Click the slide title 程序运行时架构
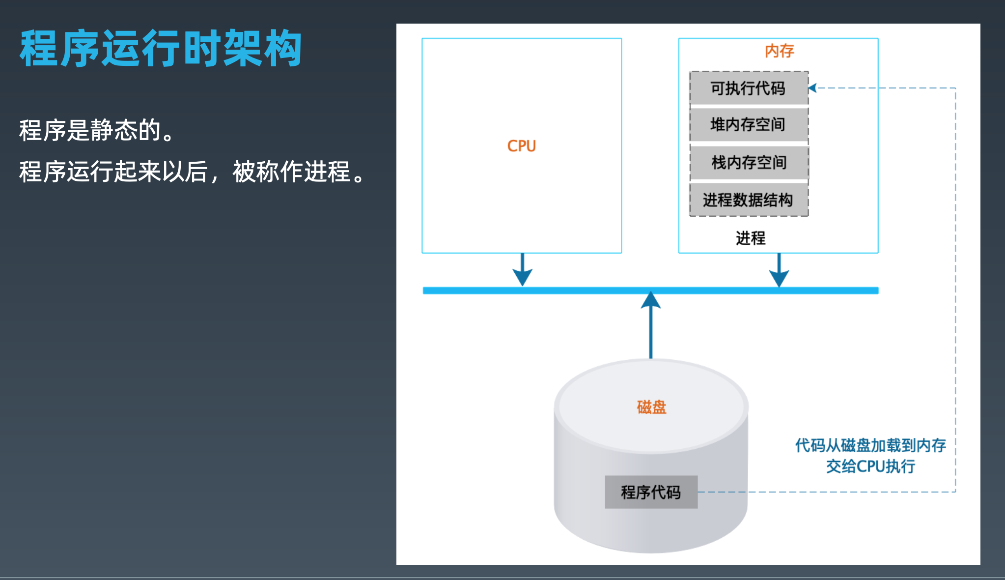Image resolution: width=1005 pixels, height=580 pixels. pos(161,48)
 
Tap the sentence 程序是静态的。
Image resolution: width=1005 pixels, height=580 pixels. pos(97,130)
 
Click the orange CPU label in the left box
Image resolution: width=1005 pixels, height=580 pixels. pos(521,146)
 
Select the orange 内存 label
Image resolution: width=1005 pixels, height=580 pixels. pos(779,51)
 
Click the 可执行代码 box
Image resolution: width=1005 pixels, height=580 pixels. pos(748,88)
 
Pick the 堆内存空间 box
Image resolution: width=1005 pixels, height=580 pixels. pos(748,125)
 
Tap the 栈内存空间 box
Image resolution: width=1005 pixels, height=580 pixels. pos(748,162)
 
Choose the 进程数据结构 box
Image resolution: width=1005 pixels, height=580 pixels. pos(748,200)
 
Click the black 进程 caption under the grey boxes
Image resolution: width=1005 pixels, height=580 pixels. pos(750,238)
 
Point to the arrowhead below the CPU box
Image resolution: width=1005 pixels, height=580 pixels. pos(522,277)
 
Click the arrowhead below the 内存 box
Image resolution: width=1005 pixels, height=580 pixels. pos(779,278)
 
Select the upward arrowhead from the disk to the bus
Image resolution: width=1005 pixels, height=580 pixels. pos(650,300)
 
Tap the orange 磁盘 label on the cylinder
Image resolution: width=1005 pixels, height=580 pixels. pos(651,407)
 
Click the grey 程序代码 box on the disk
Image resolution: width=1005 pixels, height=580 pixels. pos(651,492)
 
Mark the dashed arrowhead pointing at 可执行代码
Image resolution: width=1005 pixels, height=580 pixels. pos(812,88)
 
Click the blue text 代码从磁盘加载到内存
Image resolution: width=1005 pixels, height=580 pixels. pos(870,445)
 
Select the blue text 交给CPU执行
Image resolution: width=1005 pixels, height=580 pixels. pos(870,466)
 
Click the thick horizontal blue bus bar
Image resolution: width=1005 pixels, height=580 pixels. pos(589,290)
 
